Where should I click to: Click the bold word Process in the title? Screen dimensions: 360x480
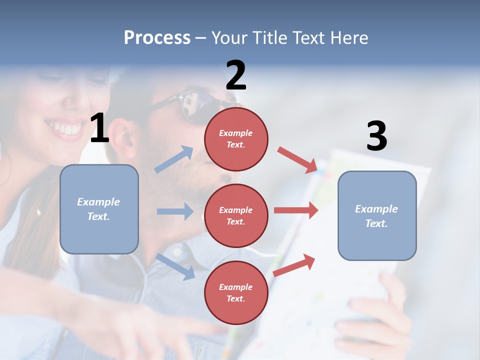coord(157,37)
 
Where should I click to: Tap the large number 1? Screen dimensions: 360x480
coord(99,128)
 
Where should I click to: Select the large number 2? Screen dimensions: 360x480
coord(236,75)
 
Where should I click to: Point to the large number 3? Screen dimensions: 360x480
coord(376,136)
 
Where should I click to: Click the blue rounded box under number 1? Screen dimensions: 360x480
coord(99,209)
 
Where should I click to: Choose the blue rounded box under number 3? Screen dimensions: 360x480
coord(377,215)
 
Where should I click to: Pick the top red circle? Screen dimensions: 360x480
coord(236,138)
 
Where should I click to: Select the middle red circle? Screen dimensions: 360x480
coord(236,215)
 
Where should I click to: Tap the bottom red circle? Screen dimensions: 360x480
coord(236,292)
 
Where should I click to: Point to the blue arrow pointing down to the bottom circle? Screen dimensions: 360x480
coord(175,266)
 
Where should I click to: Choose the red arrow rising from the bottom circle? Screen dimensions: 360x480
coord(294,265)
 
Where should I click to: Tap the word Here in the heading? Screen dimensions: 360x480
coord(349,37)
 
